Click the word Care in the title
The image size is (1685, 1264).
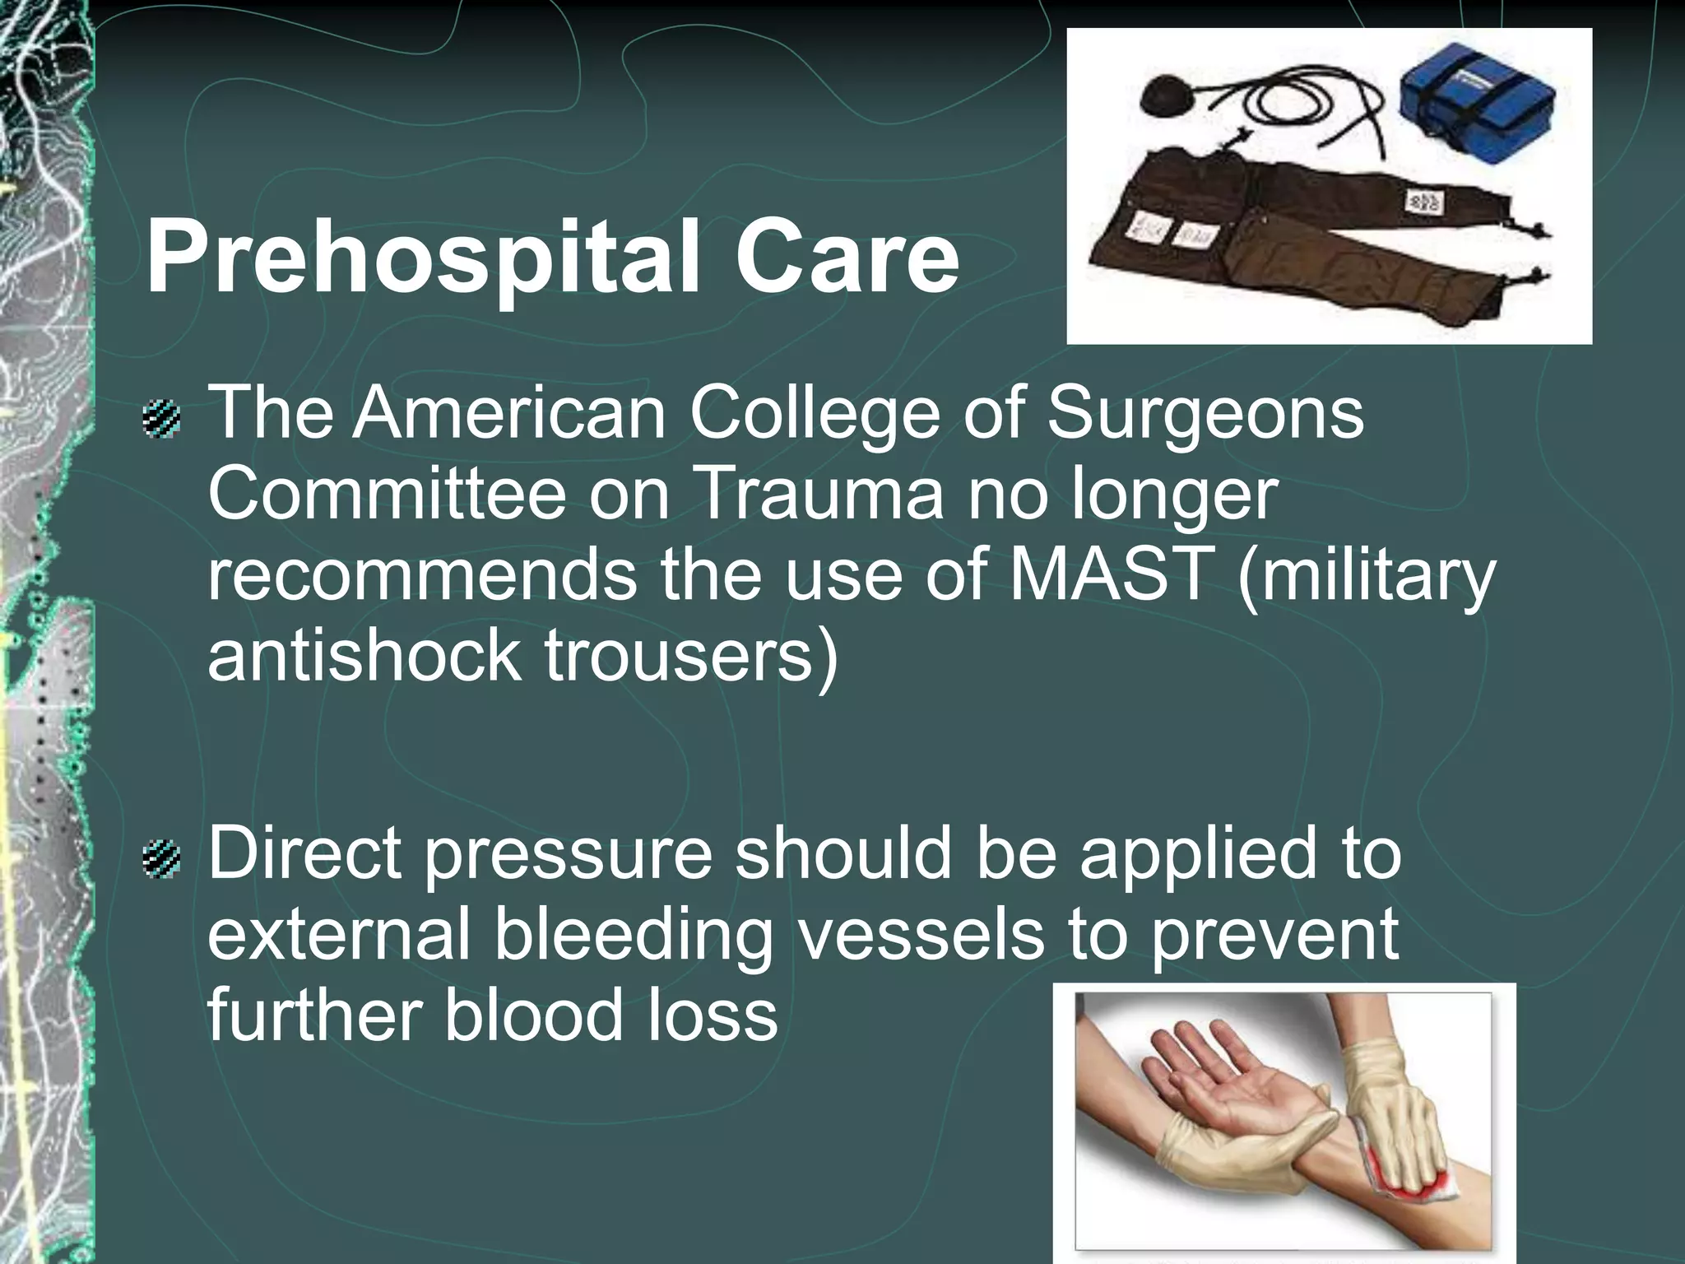coord(847,257)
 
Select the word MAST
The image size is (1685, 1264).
coord(1112,574)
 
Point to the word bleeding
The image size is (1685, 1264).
coord(634,936)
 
